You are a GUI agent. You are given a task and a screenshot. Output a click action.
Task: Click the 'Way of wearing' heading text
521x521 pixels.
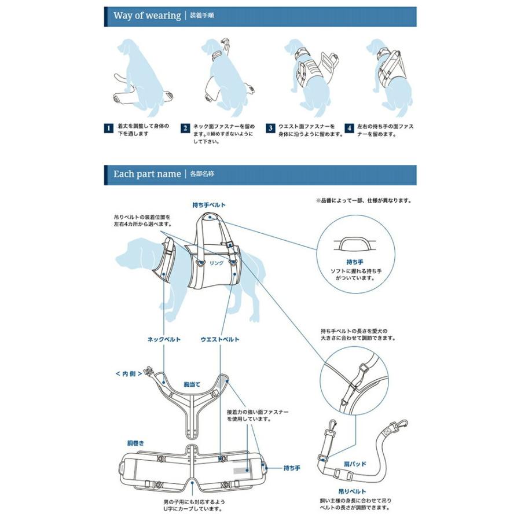(x=147, y=16)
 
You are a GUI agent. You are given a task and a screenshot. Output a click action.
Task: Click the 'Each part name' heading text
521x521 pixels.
(x=147, y=174)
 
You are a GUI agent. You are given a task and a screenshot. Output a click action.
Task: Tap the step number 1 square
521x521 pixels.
(x=109, y=129)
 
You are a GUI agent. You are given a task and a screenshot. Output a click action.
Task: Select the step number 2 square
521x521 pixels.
(x=185, y=129)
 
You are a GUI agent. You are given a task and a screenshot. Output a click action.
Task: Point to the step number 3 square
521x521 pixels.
(x=270, y=129)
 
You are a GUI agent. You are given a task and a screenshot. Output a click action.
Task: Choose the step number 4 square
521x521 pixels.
(x=349, y=129)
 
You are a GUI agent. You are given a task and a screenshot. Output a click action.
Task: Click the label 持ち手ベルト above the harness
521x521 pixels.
(x=209, y=205)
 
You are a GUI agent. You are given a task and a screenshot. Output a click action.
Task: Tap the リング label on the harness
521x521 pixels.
(x=217, y=263)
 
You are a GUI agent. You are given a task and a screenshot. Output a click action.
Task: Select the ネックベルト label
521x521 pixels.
(x=164, y=339)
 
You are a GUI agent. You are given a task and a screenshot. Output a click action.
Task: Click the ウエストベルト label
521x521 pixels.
(x=220, y=339)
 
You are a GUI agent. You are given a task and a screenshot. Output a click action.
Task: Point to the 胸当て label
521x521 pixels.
(x=192, y=384)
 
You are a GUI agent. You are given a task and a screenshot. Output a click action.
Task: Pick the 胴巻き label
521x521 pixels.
(x=136, y=443)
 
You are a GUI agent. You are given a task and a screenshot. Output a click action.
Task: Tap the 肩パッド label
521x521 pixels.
(x=355, y=464)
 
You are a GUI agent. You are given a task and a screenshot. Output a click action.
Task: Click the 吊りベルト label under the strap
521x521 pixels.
(x=352, y=491)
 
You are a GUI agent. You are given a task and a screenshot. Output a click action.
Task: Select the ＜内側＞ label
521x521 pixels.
(x=129, y=374)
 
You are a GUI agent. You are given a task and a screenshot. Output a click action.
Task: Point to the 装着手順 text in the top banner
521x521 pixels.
(x=201, y=15)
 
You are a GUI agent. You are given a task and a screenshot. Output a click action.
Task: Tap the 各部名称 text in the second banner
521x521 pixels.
(x=202, y=174)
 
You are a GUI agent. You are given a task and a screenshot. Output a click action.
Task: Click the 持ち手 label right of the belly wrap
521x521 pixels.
(x=292, y=468)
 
